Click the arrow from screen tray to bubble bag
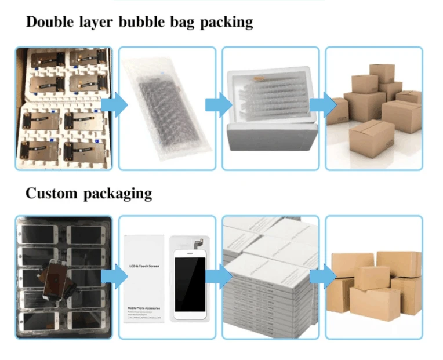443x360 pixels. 113,105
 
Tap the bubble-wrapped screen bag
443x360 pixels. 165,110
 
